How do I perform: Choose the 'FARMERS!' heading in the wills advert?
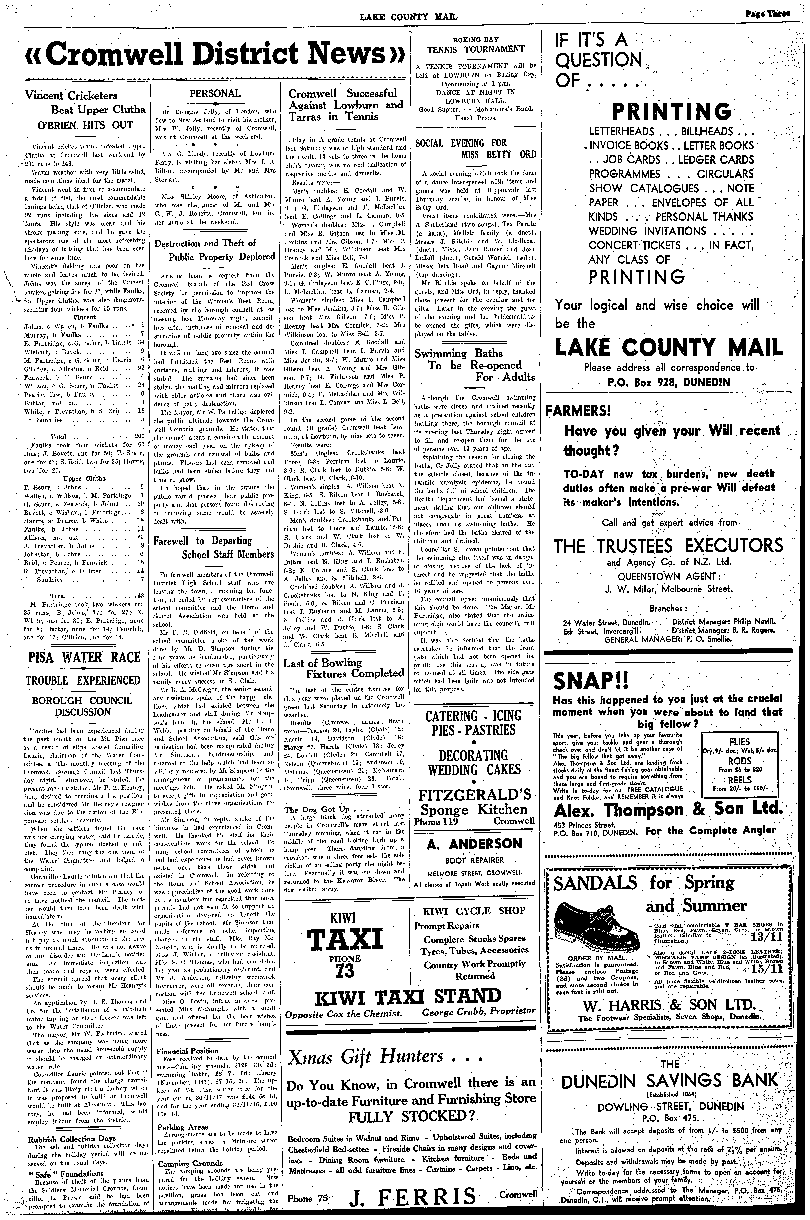click(x=579, y=411)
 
